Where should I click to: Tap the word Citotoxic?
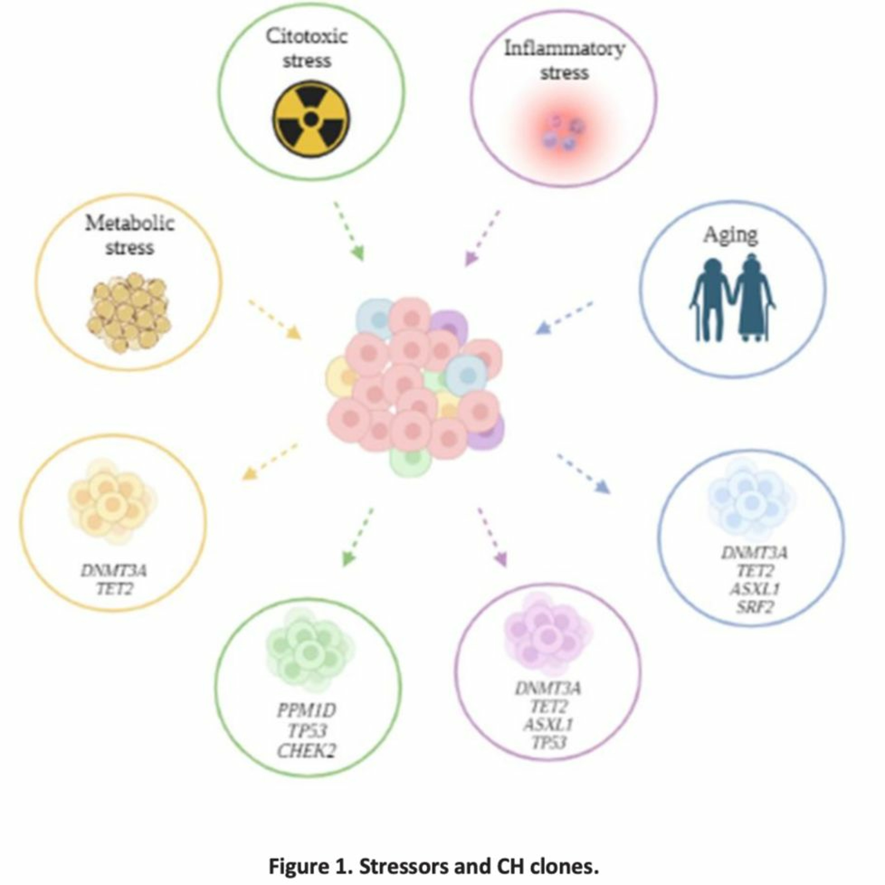[x=307, y=37]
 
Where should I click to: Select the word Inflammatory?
[x=564, y=49]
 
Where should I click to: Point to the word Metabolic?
[x=130, y=224]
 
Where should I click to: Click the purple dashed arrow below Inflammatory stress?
[x=482, y=238]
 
